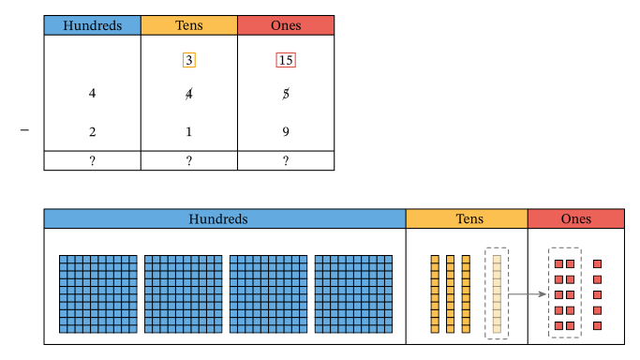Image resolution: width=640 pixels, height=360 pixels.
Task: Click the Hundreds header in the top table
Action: [92, 25]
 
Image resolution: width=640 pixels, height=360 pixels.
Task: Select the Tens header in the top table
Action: [188, 25]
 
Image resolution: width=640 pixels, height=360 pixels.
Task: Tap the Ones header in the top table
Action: [285, 25]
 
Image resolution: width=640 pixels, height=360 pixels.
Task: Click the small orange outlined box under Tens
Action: [188, 60]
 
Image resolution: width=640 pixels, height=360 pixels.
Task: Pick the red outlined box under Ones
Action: [286, 60]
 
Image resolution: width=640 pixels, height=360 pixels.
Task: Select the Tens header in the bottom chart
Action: [466, 218]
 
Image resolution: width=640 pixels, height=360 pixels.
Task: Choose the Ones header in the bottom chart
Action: [575, 218]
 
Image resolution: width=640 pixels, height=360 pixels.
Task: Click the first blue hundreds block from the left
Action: [98, 293]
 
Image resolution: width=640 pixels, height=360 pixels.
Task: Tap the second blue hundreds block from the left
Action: [183, 293]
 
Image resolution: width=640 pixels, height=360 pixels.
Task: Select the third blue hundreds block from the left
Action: [268, 293]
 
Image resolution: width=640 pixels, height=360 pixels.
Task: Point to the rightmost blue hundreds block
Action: [353, 293]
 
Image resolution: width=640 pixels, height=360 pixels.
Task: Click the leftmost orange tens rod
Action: [435, 293]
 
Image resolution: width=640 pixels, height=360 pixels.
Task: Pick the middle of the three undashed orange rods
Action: [451, 293]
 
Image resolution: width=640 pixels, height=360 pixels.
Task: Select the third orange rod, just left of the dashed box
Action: [466, 293]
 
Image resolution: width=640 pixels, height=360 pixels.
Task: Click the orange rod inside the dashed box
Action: [497, 293]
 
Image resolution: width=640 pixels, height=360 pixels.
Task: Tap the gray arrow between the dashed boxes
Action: [528, 294]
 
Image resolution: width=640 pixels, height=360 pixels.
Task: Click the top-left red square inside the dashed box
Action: [558, 264]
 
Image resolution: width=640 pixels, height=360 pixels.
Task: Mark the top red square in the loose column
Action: [597, 264]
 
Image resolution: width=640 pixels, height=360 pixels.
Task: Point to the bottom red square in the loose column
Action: [597, 325]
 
